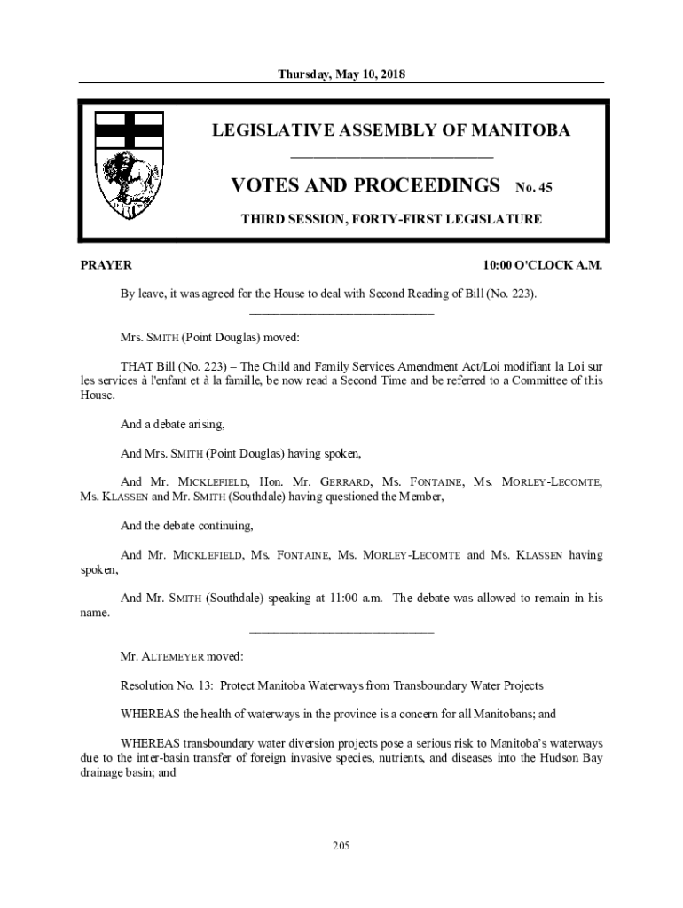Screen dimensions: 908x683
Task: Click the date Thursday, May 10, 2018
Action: point(341,74)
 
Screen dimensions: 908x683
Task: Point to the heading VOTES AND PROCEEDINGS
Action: point(365,185)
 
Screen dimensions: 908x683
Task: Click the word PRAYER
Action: point(106,265)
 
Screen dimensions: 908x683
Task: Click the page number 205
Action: point(341,845)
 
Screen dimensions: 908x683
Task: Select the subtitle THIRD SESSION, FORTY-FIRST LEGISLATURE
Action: point(391,219)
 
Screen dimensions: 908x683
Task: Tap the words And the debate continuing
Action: point(186,526)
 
